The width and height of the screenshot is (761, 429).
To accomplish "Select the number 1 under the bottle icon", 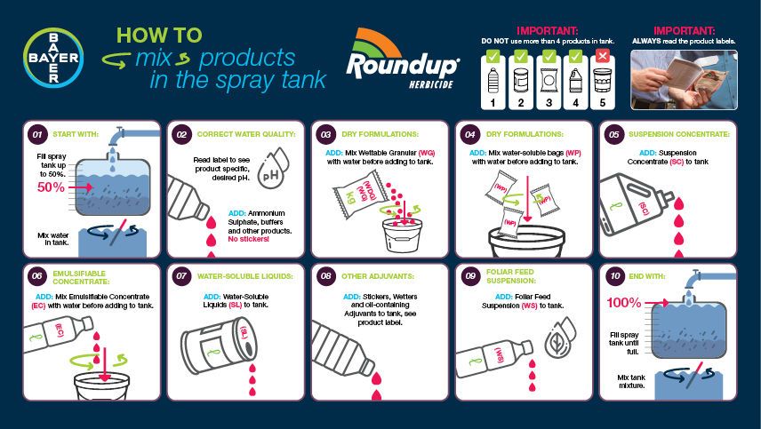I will pos(493,103).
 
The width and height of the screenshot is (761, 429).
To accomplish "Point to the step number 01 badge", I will pos(36,135).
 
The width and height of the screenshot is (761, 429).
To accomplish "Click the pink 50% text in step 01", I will pos(51,187).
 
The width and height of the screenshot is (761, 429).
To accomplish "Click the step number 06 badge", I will pos(36,276).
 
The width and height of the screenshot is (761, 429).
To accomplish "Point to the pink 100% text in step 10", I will pos(623,302).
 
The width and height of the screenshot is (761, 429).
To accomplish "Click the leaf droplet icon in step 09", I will pos(557,341).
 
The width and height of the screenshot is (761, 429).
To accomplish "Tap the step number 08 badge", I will pos(325,276).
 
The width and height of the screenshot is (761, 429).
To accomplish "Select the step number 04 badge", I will pos(470,135).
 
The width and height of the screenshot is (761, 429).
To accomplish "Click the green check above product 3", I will pos(549,55).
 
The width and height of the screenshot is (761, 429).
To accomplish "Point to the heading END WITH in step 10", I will pos(646,277).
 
